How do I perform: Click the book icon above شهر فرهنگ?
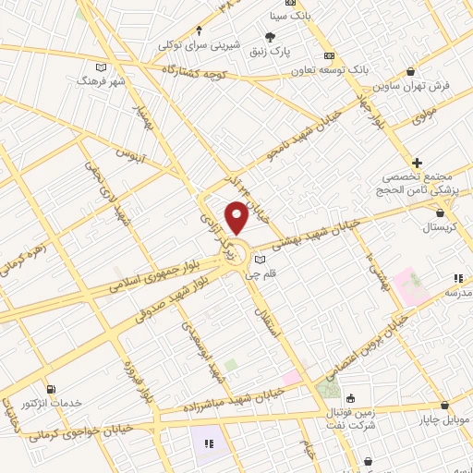tap(101, 67)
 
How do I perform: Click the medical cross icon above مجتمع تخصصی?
tap(418, 163)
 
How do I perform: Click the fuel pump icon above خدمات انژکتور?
tap(50, 389)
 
